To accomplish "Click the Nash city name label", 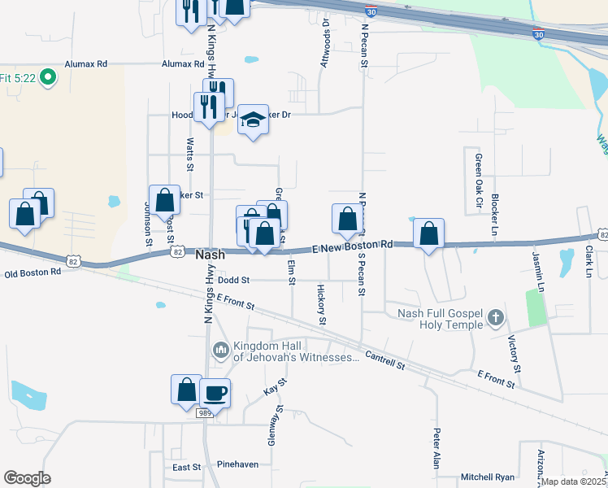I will (211, 255).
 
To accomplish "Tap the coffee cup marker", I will (215, 394).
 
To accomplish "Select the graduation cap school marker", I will (254, 120).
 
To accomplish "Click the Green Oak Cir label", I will (479, 180).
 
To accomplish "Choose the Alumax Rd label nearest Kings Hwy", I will (182, 63).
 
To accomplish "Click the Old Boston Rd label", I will (33, 272).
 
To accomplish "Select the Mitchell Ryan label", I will (488, 477).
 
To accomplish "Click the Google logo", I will (27, 478).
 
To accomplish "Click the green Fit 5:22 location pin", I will (47, 78).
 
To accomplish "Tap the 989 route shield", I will (206, 414).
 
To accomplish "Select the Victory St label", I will (513, 351).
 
